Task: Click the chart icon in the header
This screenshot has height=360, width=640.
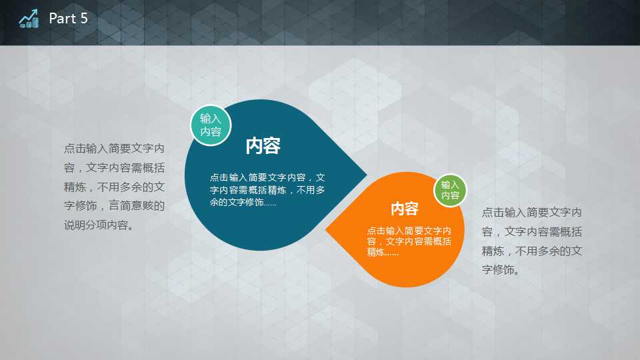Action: pyautogui.click(x=29, y=19)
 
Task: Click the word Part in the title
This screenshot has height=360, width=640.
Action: pyautogui.click(x=63, y=19)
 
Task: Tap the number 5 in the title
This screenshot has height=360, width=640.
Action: pyautogui.click(x=84, y=19)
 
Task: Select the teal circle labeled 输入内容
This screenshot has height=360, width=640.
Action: pyautogui.click(x=211, y=125)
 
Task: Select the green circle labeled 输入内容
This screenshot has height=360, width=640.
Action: pyautogui.click(x=450, y=190)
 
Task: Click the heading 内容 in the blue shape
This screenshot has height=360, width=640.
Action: pyautogui.click(x=263, y=146)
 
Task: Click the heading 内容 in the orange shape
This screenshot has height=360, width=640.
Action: pyautogui.click(x=405, y=209)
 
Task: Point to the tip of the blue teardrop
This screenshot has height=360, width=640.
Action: pyautogui.click(x=367, y=175)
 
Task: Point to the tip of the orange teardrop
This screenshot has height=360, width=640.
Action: pyautogui.click(x=326, y=229)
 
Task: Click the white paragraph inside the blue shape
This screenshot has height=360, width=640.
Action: pyautogui.click(x=267, y=190)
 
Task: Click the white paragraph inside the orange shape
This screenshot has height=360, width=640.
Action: pyautogui.click(x=409, y=241)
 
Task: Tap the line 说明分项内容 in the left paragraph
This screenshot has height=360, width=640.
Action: pyautogui.click(x=99, y=225)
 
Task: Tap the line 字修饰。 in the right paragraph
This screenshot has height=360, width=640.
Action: pyautogui.click(x=501, y=270)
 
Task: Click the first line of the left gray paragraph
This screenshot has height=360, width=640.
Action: pyautogui.click(x=114, y=148)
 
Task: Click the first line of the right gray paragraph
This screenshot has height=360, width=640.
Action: pyautogui.click(x=532, y=212)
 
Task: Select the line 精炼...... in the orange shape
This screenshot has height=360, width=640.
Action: pyautogui.click(x=383, y=252)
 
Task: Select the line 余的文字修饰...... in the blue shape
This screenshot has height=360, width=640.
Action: pyautogui.click(x=243, y=202)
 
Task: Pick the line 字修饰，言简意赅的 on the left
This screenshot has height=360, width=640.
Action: pyautogui.click(x=114, y=206)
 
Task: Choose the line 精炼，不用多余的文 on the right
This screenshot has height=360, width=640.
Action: pyautogui.click(x=532, y=251)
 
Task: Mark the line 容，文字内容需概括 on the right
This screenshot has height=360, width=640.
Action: pyautogui.click(x=532, y=231)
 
